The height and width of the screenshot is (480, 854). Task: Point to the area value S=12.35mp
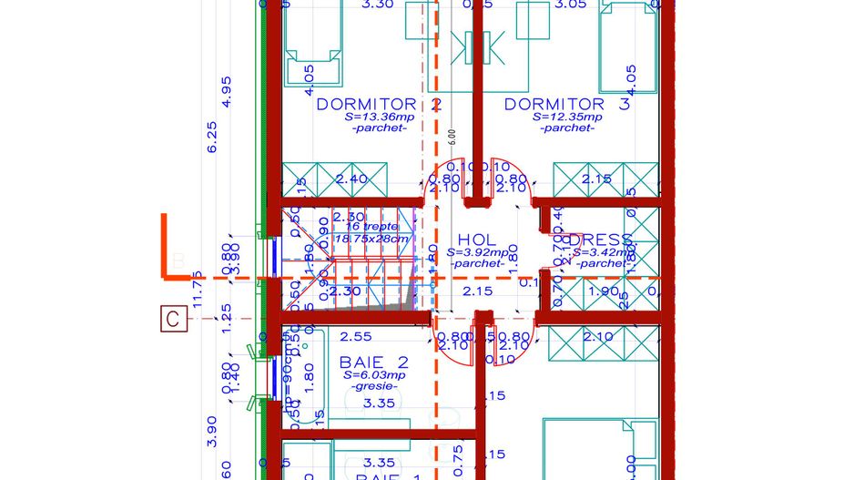568,117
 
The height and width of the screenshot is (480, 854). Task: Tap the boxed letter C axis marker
173,320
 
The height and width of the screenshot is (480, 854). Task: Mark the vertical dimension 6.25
212,137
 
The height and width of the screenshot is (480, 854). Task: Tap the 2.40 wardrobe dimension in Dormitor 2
351,179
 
